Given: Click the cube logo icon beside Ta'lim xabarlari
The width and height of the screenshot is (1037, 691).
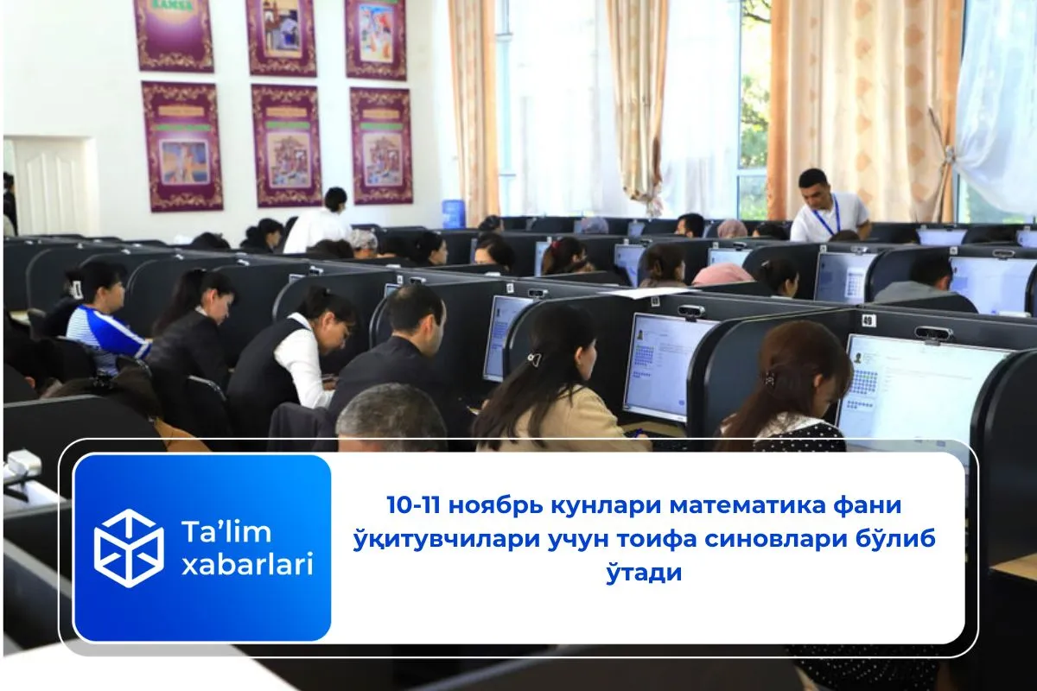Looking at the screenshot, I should click(129, 548).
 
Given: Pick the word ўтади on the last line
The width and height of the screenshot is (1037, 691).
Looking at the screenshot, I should click(645, 572).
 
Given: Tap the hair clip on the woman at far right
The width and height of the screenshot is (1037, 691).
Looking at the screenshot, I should click(768, 378).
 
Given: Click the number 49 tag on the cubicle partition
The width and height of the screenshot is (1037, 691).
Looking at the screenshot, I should click(868, 320).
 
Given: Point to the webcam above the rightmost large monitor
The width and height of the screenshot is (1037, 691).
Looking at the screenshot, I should click(932, 333).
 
